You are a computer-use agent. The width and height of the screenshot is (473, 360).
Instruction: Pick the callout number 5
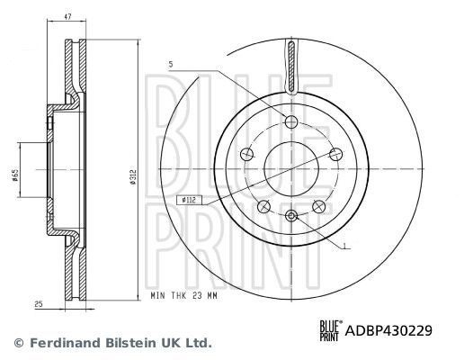click(168, 62)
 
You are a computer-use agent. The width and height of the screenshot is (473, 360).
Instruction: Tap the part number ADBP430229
click(389, 330)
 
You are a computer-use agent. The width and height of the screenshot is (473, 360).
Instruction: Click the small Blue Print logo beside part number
click(330, 330)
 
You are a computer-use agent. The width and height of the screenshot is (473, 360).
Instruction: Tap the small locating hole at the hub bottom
click(291, 214)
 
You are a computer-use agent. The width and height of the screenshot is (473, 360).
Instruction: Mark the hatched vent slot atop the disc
click(291, 67)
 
